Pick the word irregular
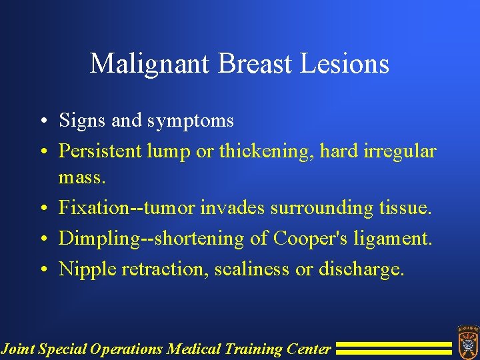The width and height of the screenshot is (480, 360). [x=400, y=151]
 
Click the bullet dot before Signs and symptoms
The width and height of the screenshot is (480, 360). [x=45, y=121]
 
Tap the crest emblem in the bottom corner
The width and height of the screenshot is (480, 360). [x=466, y=340]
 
